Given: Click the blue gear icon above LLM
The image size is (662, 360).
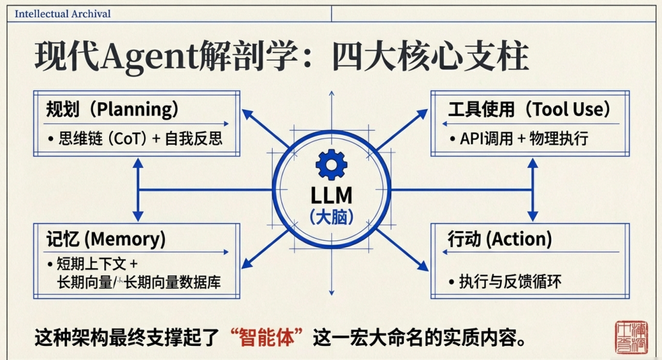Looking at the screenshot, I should point(331,164).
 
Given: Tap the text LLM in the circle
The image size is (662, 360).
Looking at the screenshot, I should point(331,195).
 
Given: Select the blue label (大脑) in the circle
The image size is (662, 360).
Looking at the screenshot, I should point(331,216).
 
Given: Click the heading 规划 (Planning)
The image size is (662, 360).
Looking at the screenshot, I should point(112,110).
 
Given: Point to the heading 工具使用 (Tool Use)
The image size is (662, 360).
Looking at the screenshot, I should point(530,110).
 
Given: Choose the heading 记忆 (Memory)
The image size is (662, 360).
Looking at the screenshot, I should point(105,239).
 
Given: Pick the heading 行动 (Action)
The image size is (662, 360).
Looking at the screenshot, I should point(500,239).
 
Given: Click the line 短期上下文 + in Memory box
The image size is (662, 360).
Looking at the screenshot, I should point(92,265).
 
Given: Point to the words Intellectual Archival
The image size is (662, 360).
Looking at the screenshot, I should point(63,13).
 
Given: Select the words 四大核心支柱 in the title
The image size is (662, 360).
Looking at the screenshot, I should point(429,59).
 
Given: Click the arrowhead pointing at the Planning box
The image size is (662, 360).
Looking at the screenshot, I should point(247,114).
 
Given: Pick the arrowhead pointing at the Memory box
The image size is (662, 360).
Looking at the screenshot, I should point(246,265).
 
